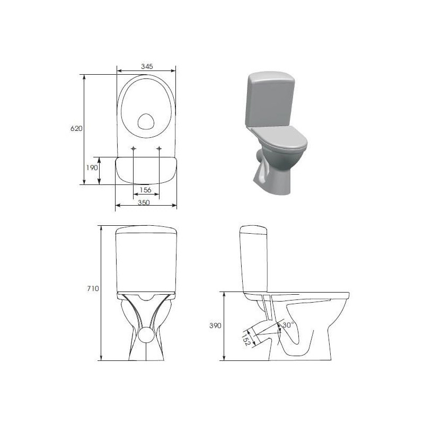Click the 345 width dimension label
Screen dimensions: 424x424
point(147,66)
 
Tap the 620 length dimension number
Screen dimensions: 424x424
point(76,128)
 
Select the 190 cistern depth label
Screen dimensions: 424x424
point(92,168)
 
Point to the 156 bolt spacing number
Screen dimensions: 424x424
point(145,190)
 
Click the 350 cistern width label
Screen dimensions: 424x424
point(144,202)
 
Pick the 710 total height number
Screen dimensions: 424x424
point(93,288)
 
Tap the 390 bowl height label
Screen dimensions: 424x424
point(215,325)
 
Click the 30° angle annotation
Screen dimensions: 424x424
point(288,325)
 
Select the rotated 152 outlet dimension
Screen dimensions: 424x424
point(246,340)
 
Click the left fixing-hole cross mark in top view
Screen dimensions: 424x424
point(134,148)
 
